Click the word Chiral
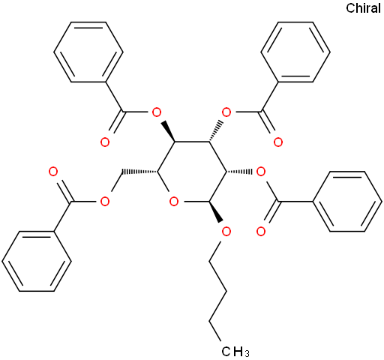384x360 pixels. coord(363,8)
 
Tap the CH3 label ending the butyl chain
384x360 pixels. coord(235,351)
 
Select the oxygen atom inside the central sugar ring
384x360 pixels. coord(174,202)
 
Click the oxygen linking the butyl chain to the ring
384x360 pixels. coord(226,232)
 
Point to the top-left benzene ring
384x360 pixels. coord(88,52)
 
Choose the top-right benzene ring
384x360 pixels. coord(295,52)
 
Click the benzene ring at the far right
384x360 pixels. coord(347,202)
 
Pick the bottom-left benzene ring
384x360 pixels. coord(37,261)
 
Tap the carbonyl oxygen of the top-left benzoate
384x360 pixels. coord(105,142)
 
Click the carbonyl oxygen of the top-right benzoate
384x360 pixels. coord(278,142)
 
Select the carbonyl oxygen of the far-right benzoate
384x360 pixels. coord(261,232)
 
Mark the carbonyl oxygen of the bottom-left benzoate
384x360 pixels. coord(53,172)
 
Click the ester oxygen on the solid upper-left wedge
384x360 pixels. coord(157,112)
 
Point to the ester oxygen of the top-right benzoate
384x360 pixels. coord(226,112)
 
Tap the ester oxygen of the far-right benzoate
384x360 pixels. coord(261,172)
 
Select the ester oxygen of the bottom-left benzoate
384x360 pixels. coord(105,202)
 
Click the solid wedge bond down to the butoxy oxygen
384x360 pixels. coord(215,211)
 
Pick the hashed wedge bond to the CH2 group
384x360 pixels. coord(139,172)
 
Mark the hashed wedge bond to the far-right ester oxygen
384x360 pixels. coord(239,172)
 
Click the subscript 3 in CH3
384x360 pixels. coord(247,354)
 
